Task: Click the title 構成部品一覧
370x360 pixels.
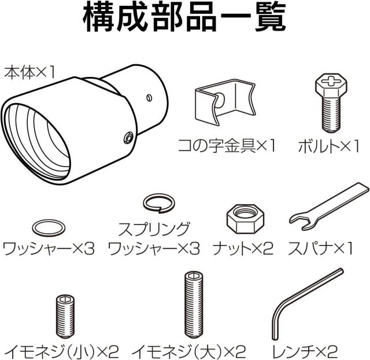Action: (184, 17)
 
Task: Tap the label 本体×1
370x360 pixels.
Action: (29, 72)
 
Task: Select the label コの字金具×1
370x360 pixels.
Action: (227, 146)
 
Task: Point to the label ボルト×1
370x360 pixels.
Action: (329, 146)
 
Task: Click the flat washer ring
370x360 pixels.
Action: (49, 228)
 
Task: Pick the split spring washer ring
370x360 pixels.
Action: (159, 203)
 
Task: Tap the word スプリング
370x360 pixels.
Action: (154, 229)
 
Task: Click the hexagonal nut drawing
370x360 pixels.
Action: (245, 219)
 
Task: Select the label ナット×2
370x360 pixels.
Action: (243, 248)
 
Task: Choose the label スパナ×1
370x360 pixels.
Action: (320, 248)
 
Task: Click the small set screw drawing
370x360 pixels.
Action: (65, 316)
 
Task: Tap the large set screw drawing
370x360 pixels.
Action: (194, 305)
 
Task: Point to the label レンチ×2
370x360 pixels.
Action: (305, 351)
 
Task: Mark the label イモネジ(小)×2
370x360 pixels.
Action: (62, 351)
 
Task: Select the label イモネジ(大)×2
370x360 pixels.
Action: (189, 351)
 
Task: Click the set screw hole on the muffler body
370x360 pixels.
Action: (128, 138)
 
